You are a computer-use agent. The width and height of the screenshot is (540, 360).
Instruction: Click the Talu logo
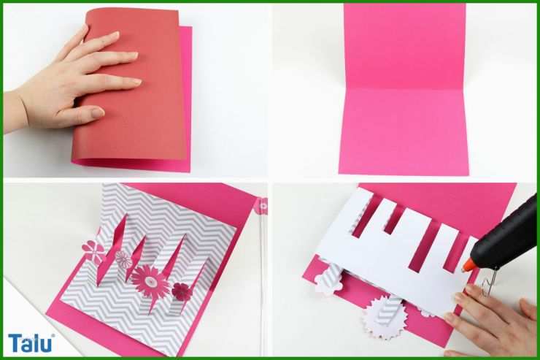pos(31,342)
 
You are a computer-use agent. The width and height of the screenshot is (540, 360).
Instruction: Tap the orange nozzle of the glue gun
pos(468,265)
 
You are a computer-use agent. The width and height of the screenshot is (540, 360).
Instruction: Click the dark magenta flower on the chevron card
pos(181,291)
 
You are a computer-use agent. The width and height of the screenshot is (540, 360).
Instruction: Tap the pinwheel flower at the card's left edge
pos(93,250)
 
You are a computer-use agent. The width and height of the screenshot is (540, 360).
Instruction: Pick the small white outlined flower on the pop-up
pos(123,259)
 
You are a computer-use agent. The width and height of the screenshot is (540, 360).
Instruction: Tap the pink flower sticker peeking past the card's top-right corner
pos(261,206)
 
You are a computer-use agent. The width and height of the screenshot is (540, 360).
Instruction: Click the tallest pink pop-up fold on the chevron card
pos(112,248)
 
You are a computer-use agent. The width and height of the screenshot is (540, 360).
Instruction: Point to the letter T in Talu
pos(15,342)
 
